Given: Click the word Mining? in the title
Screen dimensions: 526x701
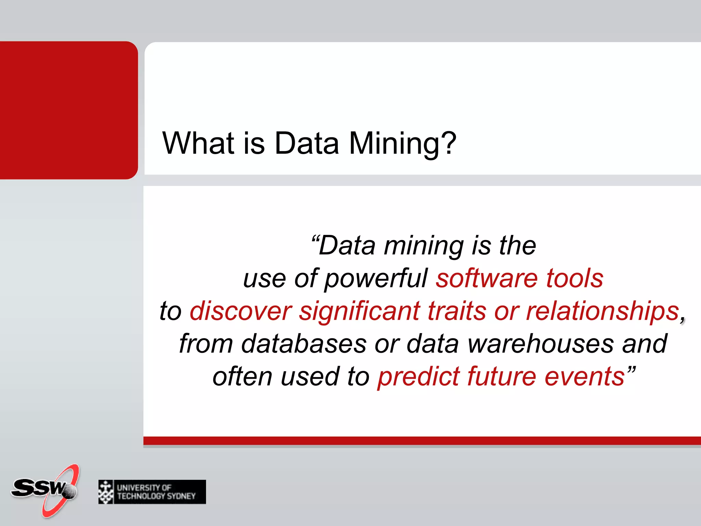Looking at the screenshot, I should coord(403,143).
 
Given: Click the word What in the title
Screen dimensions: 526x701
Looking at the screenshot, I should coord(199,143).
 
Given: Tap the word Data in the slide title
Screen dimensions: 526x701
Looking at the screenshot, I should coord(307,143).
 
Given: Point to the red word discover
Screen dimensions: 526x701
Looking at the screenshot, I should coord(241,311).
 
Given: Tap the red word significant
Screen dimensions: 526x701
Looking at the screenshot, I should coord(359,311).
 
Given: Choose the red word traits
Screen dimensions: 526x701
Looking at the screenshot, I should coord(457,311).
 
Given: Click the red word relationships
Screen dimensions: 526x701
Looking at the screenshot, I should coord(602,311).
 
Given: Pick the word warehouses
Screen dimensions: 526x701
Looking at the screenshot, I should coord(541,343).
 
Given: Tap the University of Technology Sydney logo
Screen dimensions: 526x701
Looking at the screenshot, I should coord(152,492).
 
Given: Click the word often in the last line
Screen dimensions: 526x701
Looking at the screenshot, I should coord(242,377).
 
